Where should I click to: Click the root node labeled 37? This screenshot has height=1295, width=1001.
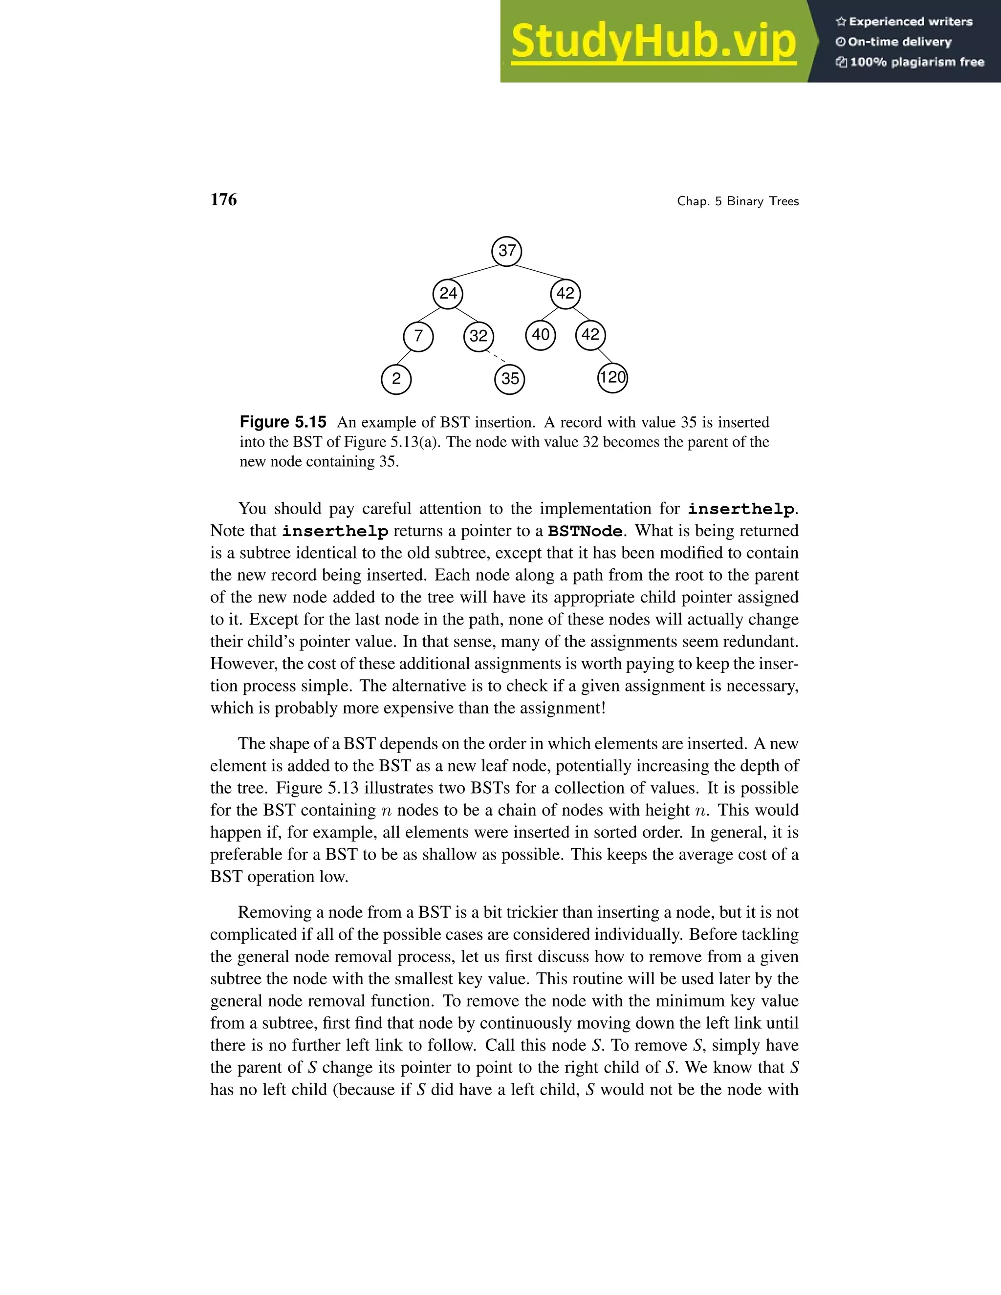point(506,251)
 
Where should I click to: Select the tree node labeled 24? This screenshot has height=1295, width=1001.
point(448,294)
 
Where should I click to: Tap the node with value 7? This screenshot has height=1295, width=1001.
point(418,336)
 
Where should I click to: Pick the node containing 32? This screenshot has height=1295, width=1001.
point(479,336)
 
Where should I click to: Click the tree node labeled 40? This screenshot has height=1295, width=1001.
point(540,335)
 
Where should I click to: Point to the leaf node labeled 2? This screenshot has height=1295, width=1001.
point(396,379)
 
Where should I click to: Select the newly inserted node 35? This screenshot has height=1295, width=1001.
point(509,379)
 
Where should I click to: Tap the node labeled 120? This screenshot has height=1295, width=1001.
point(612,378)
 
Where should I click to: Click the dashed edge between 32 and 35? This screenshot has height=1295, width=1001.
point(495,356)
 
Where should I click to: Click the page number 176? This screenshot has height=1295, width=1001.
point(223,200)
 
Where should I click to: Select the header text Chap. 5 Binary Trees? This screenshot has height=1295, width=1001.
point(738,202)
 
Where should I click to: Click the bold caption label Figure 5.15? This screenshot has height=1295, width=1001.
point(283,422)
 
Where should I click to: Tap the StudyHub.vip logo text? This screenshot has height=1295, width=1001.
point(653,42)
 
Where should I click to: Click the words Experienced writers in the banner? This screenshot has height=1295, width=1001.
point(910,22)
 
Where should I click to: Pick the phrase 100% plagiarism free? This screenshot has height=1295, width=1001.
point(917,62)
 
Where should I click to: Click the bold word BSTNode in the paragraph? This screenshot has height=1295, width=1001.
point(585,531)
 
